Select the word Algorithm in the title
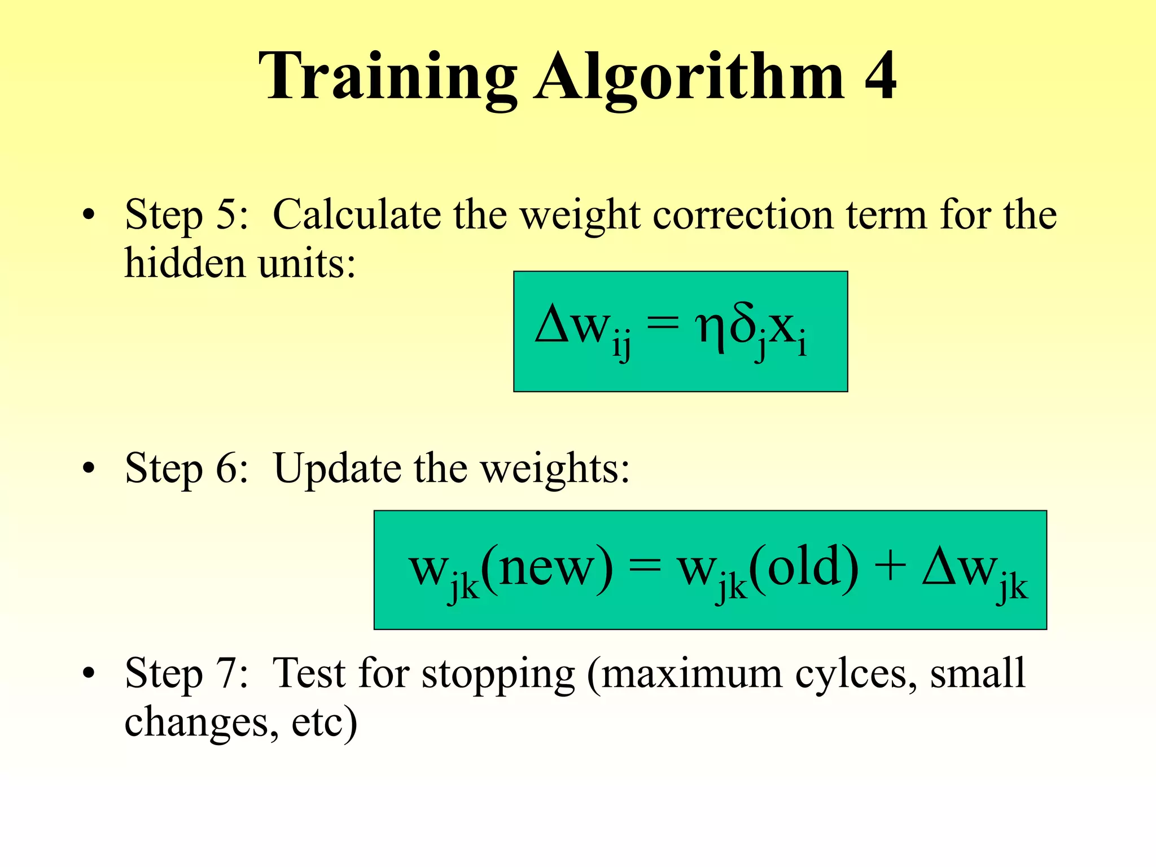coord(690,78)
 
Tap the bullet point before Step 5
coord(88,216)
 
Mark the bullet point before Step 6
coord(88,468)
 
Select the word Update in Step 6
coord(338,468)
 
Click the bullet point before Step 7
coord(88,674)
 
